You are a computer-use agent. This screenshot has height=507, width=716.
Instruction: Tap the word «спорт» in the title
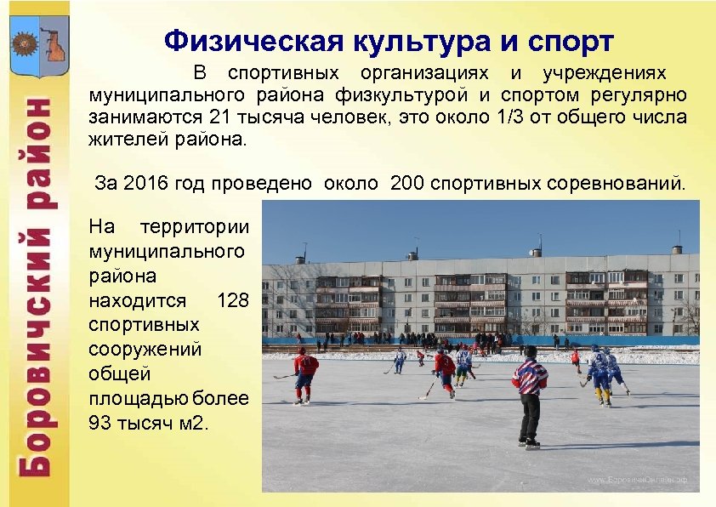[565, 40]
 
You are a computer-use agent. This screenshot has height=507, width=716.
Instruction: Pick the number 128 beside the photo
[233, 299]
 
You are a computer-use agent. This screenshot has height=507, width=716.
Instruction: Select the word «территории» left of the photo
[195, 226]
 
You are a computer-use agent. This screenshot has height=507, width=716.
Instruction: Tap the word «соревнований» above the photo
[622, 182]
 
